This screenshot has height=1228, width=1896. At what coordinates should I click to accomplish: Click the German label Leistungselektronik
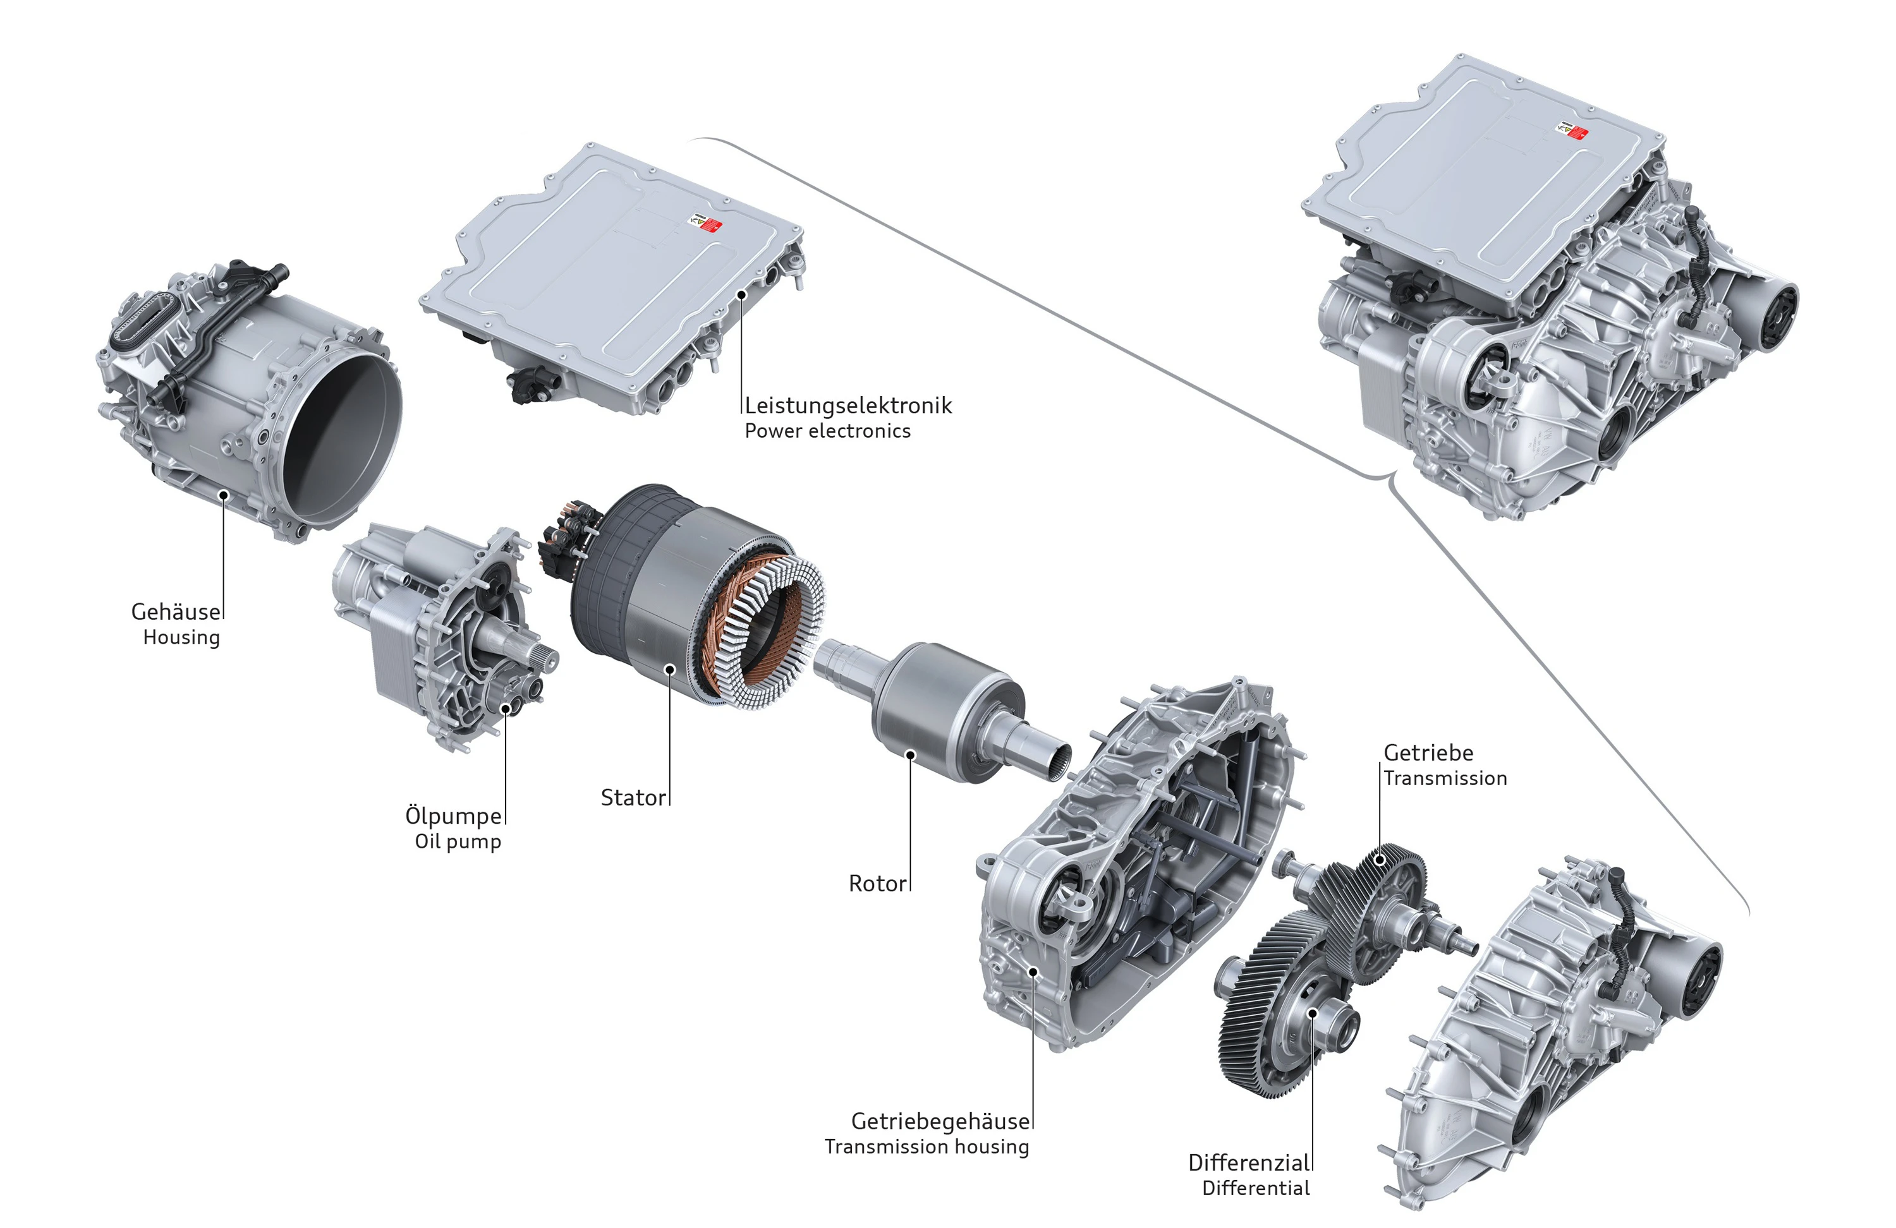point(848,406)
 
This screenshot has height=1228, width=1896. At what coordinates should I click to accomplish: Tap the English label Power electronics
point(828,431)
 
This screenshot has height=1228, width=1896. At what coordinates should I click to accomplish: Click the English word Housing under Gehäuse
point(181,638)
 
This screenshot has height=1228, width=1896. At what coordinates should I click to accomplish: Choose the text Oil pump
point(458,842)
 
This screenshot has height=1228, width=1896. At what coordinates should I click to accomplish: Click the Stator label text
point(633,797)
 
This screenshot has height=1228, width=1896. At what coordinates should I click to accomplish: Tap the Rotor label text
point(878,883)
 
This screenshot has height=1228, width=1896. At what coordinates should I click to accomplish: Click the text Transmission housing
point(927,1147)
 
